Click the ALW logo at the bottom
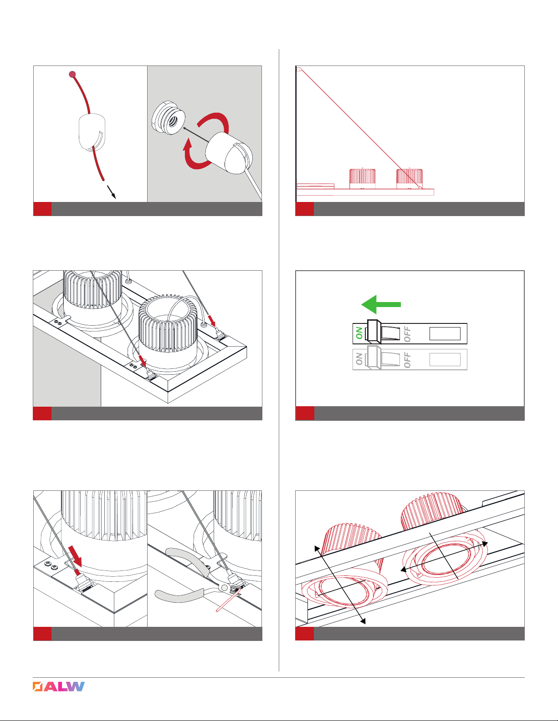(59, 686)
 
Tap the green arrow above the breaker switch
(381, 304)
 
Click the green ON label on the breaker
(359, 333)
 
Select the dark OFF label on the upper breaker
(407, 334)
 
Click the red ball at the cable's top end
(72, 74)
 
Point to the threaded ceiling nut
(169, 117)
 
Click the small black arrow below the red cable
(111, 192)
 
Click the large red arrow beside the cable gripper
(75, 556)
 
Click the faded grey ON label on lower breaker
(359, 358)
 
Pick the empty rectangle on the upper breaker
(445, 333)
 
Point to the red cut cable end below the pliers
(228, 602)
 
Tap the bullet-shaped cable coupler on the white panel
(92, 132)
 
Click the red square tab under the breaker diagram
(305, 413)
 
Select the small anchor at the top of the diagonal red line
(299, 69)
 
